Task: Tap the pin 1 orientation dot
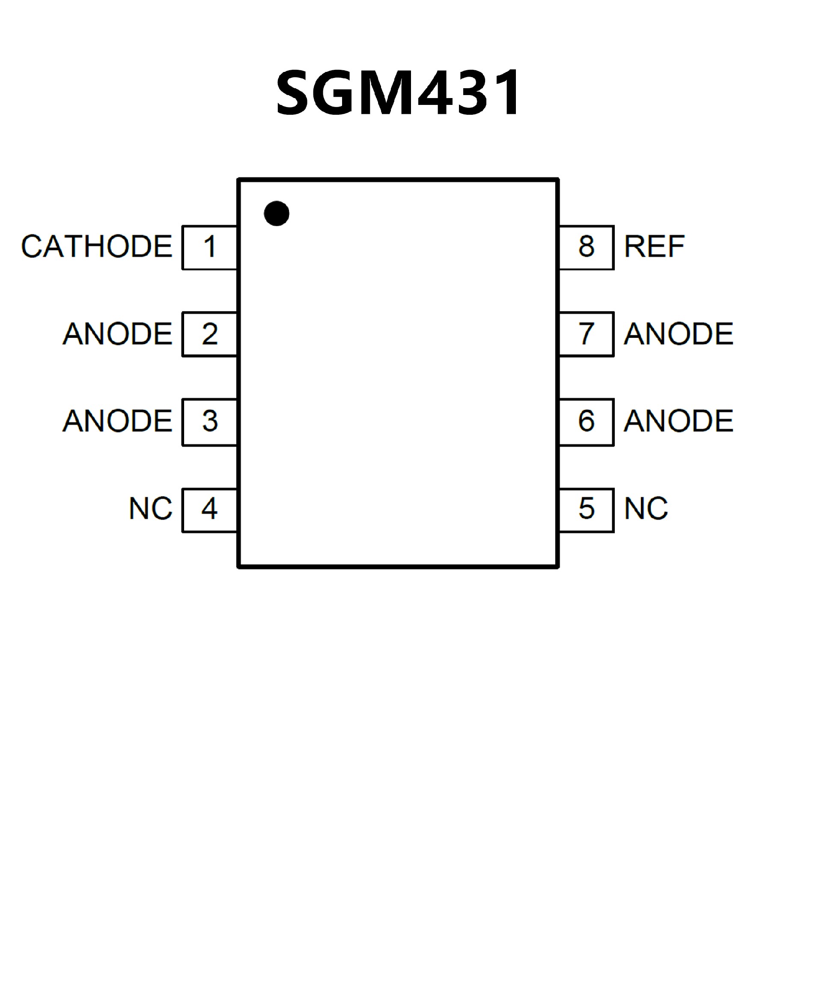click(x=277, y=214)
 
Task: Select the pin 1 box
click(x=210, y=247)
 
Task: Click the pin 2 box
click(x=210, y=334)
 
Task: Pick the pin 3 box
click(x=210, y=422)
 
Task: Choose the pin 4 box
click(x=210, y=510)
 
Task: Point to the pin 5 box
click(x=586, y=510)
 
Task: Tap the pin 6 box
click(x=586, y=422)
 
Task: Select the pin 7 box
click(x=586, y=334)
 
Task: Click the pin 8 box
click(x=586, y=247)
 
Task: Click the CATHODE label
click(x=97, y=246)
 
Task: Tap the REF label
click(x=654, y=246)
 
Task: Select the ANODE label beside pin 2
click(x=118, y=334)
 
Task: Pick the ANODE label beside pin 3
click(x=118, y=421)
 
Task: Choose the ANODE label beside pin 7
click(x=679, y=334)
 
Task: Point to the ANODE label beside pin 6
click(x=679, y=421)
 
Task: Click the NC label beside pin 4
click(x=150, y=508)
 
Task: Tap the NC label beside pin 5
click(x=646, y=508)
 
